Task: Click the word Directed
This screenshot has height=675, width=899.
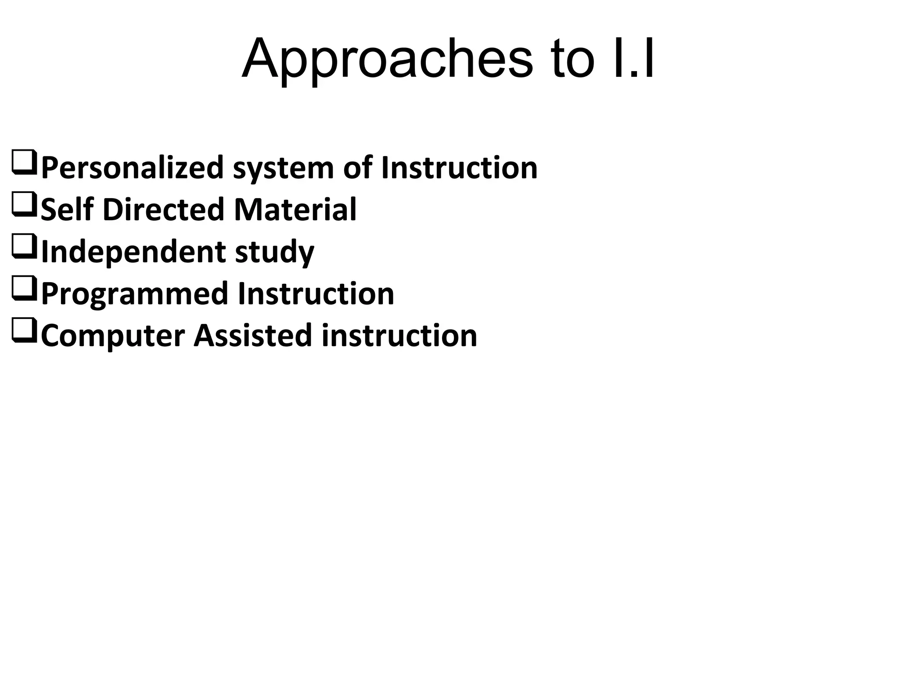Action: point(164,209)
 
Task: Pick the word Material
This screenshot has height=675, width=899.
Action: point(295,209)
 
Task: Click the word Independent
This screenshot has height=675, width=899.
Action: point(133,252)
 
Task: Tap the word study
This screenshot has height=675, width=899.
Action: point(275,252)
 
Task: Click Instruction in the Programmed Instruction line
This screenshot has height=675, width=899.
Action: point(316,294)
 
